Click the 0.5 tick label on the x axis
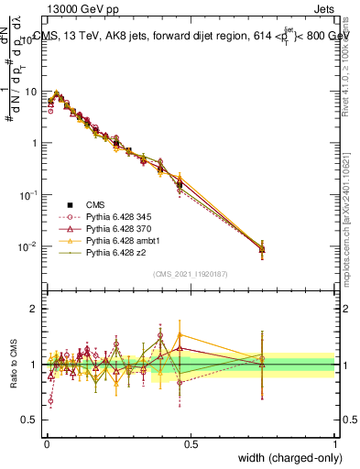point(191,443)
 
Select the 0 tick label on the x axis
point(46,443)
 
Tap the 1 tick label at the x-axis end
point(335,443)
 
